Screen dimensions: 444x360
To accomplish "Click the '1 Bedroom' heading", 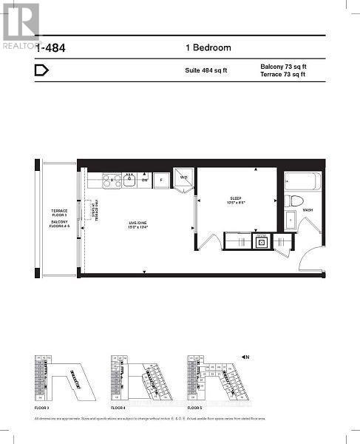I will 208,48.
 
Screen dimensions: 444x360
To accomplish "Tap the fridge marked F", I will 162,179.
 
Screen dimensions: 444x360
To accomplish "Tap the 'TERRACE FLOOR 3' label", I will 58,212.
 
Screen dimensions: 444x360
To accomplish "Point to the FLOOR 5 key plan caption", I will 195,408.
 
